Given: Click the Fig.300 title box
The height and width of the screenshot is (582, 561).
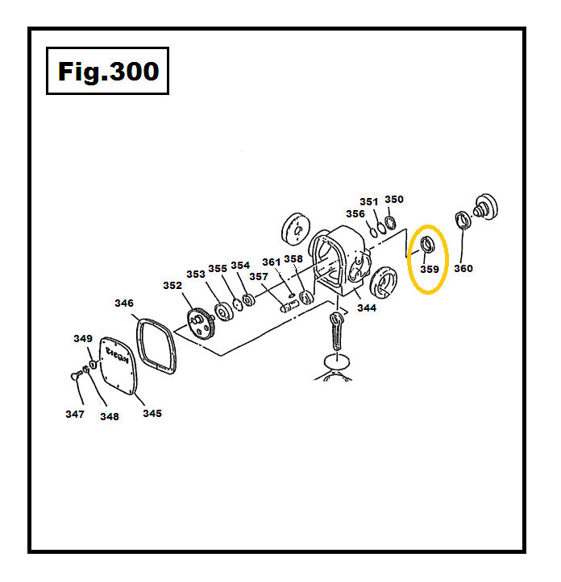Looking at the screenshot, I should [107, 71].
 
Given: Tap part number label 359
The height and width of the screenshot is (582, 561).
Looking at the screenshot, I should [429, 270].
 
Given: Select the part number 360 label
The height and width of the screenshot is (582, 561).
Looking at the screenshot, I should [463, 268].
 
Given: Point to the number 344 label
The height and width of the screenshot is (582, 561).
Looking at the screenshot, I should [367, 308].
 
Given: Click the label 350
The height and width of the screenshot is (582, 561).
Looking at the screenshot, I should [394, 200].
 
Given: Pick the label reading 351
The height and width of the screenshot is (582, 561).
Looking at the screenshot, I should [369, 202].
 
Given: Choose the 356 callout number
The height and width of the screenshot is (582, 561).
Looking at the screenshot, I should [355, 214].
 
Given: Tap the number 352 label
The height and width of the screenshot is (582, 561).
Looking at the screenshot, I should [172, 286].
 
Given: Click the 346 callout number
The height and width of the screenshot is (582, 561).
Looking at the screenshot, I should [124, 303].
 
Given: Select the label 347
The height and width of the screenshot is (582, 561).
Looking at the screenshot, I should [74, 414].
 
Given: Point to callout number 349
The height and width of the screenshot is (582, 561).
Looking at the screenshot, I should [84, 339].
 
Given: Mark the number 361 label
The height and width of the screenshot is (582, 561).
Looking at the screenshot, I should [272, 262].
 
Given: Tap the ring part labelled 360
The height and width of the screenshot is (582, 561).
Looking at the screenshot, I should [463, 221].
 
